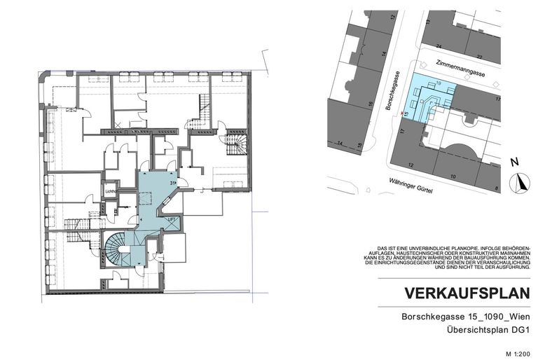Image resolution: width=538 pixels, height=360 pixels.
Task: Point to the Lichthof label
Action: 110,190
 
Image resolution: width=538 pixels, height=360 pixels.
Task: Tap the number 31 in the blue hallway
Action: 172,184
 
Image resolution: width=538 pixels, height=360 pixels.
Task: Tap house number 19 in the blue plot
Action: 438,83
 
